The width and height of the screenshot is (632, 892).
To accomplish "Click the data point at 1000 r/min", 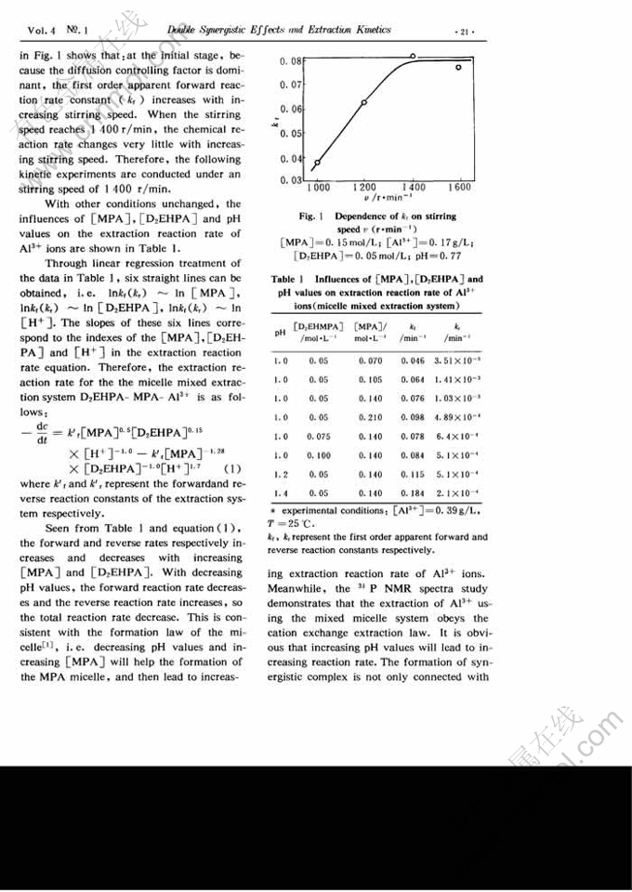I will (317, 163).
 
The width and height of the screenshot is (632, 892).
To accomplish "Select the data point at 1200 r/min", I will (363, 102).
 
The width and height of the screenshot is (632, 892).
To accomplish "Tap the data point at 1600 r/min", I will (458, 67).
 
